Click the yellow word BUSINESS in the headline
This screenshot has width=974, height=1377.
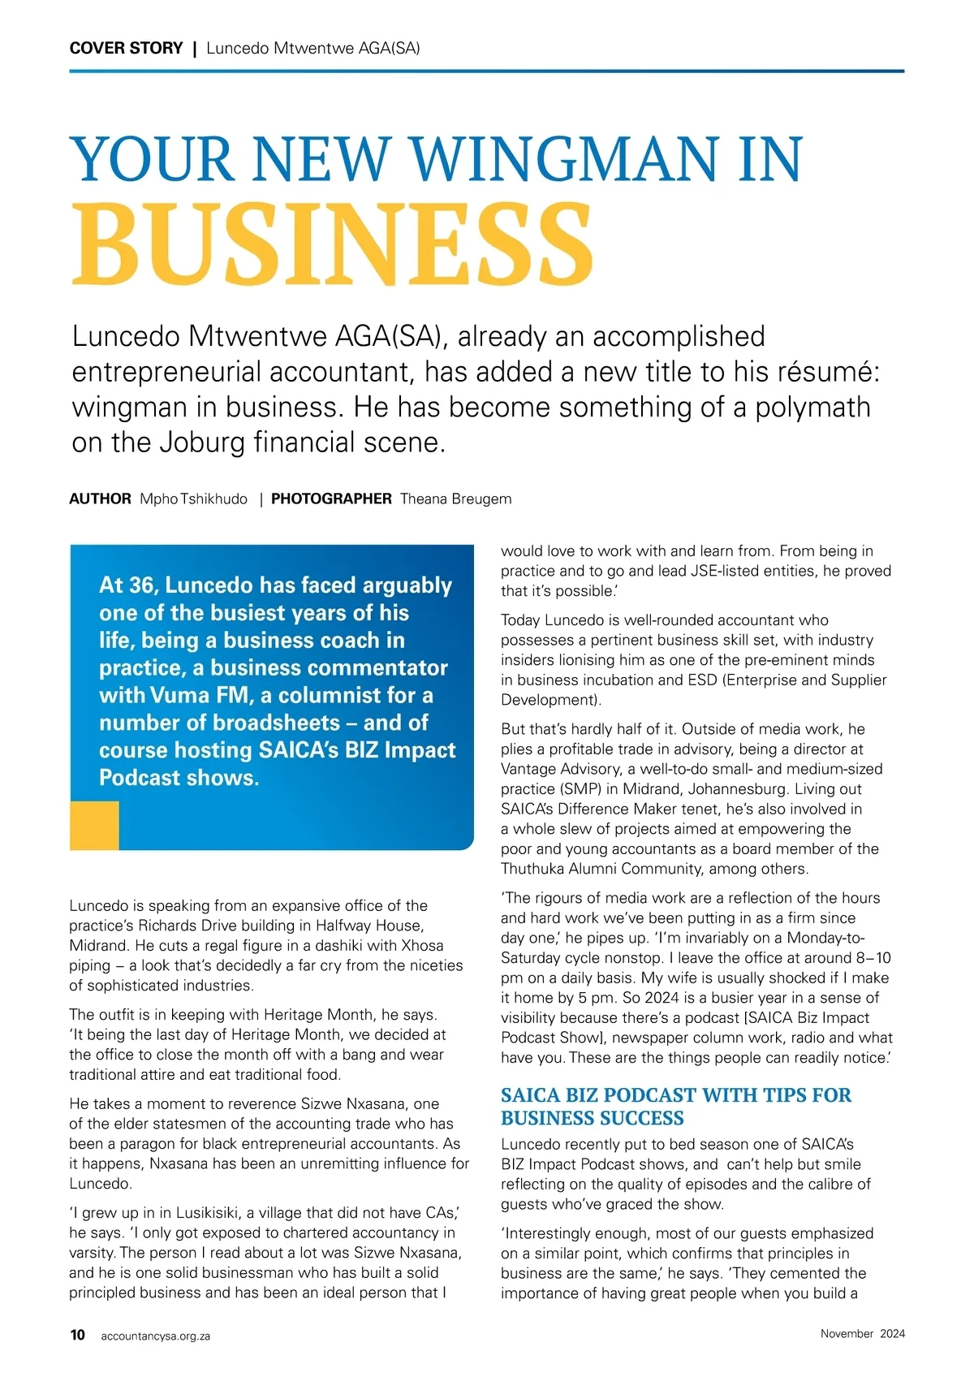[x=333, y=244]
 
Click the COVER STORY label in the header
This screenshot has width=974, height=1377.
[x=126, y=48]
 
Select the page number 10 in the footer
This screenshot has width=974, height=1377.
[x=77, y=1335]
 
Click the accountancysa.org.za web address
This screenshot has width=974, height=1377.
[x=155, y=1336]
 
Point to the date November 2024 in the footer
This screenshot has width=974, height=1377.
[x=862, y=1333]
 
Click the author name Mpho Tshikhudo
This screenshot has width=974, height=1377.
[x=193, y=499]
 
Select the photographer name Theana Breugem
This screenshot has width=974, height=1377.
[x=455, y=499]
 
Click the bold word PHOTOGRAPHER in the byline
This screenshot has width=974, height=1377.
[x=331, y=499]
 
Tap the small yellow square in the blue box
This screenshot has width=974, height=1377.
[x=94, y=826]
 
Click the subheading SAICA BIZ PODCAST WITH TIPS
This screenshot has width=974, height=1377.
[x=675, y=1095]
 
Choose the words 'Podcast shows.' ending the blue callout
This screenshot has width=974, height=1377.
[x=179, y=778]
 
